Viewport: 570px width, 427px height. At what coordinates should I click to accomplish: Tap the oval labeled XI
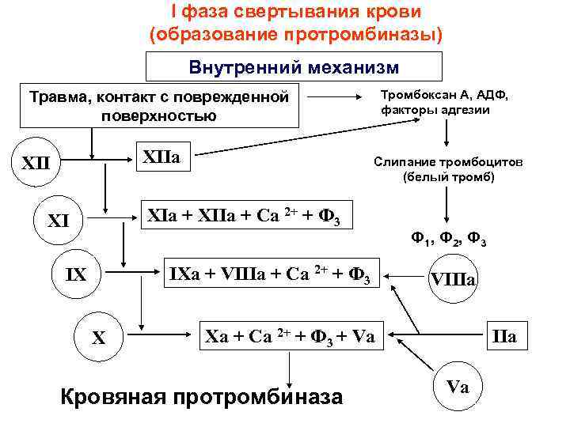pyautogui.click(x=59, y=221)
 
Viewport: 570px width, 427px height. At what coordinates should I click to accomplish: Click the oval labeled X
pyautogui.click(x=99, y=338)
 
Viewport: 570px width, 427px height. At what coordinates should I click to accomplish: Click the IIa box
pyautogui.click(x=503, y=336)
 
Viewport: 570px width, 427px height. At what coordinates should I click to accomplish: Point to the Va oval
pyautogui.click(x=458, y=387)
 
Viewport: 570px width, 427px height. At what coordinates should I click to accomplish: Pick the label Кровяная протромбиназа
pyautogui.click(x=202, y=396)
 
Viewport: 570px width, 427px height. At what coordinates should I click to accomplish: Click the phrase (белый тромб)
pyautogui.click(x=448, y=177)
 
